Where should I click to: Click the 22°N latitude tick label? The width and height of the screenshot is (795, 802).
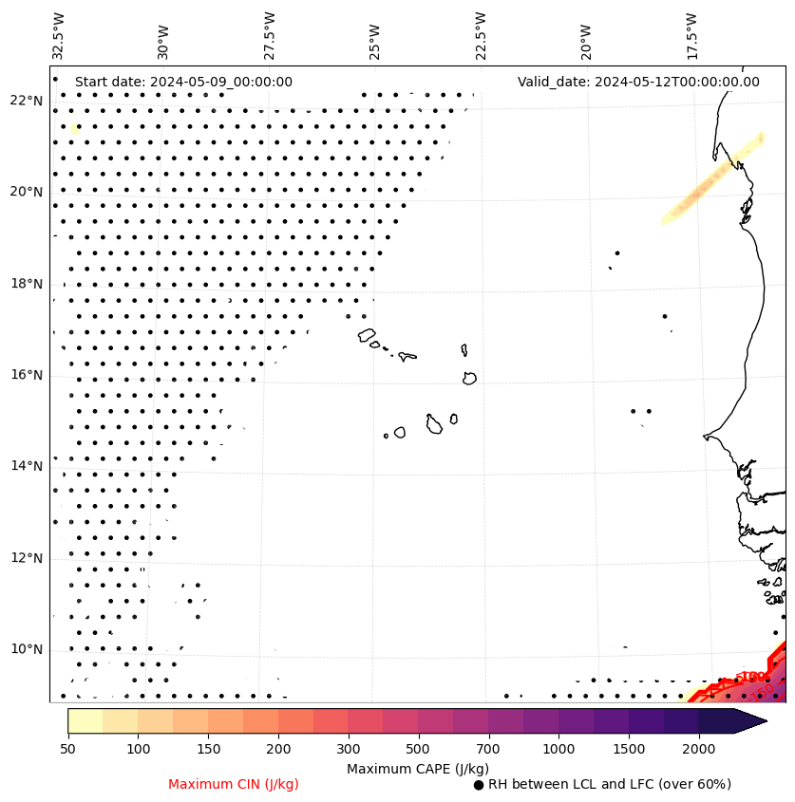[27, 101]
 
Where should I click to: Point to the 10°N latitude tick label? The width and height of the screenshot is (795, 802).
[27, 650]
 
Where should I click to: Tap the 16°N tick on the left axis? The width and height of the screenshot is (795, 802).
[27, 376]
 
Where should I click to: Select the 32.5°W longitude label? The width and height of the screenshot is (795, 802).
[59, 35]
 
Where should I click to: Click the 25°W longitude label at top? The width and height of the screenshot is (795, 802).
[374, 39]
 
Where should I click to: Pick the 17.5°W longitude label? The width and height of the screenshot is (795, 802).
[691, 35]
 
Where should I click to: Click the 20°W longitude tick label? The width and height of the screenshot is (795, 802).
[585, 39]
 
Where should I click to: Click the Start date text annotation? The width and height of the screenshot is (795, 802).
[183, 82]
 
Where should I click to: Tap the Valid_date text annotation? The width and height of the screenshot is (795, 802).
[638, 82]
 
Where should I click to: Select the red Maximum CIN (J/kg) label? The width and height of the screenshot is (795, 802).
[234, 784]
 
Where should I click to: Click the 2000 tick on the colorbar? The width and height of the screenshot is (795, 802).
[698, 750]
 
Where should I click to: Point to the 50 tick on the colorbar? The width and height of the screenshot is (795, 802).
[67, 750]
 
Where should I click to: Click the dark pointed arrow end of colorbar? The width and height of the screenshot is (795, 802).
[750, 720]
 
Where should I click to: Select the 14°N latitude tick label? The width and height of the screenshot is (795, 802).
[27, 466]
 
